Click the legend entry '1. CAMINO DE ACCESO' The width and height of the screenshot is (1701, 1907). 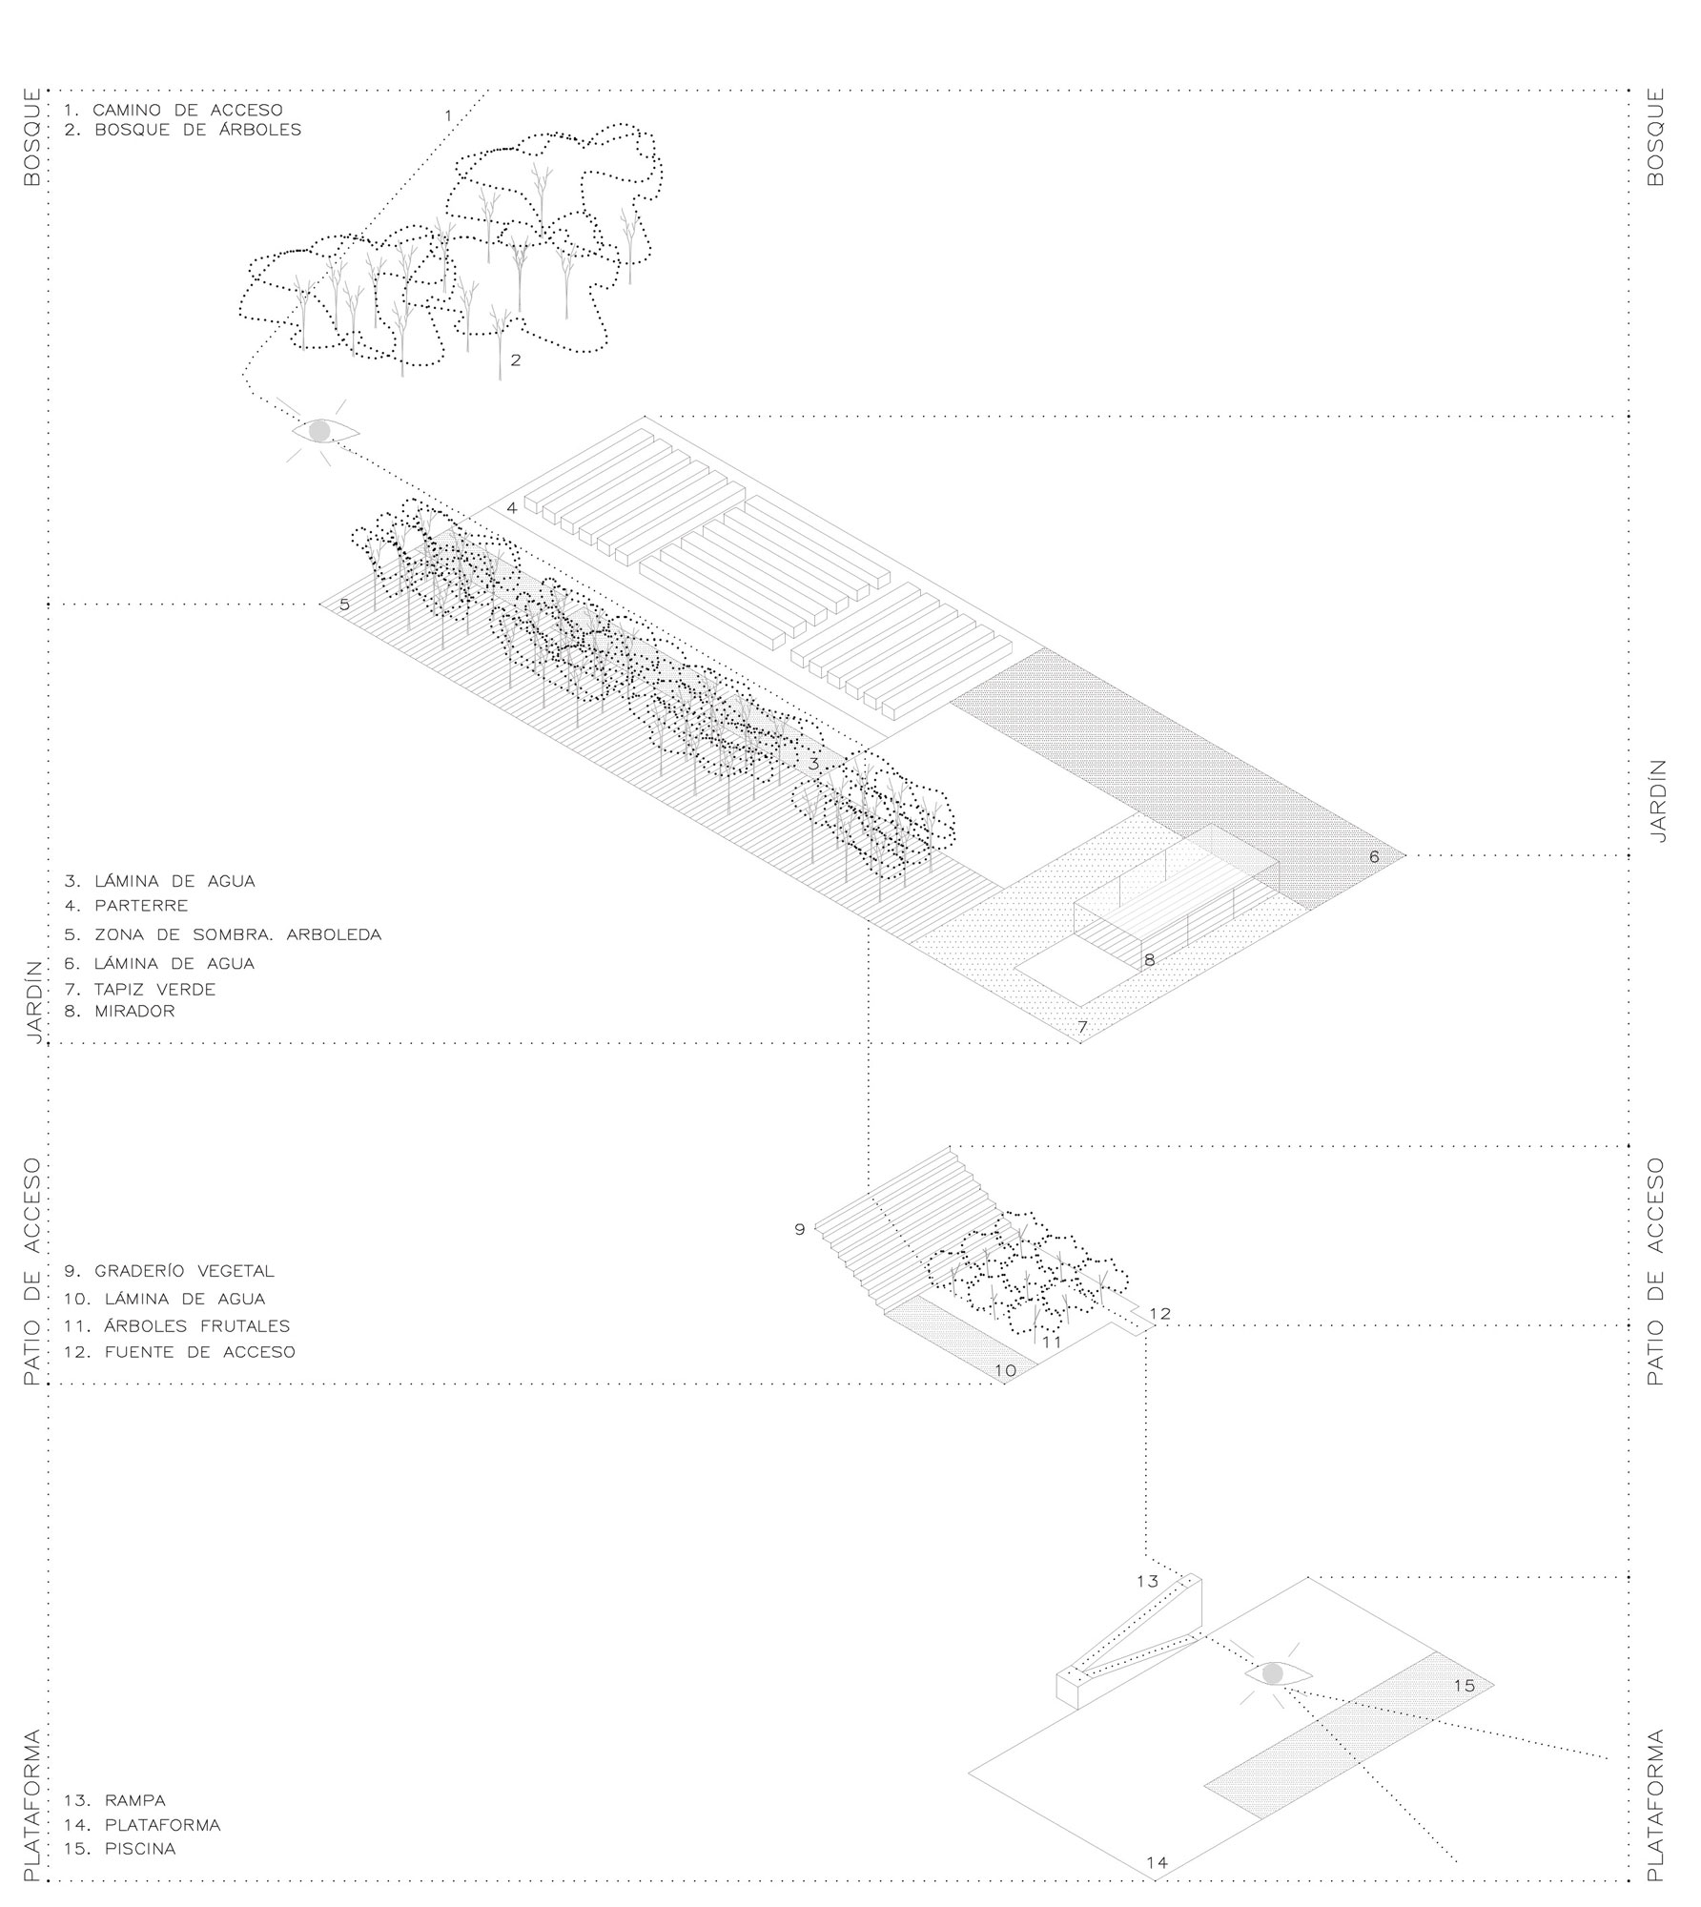[x=174, y=111]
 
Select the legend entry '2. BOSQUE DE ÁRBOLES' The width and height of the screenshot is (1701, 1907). [x=183, y=130]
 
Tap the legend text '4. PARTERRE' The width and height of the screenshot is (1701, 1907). [x=127, y=906]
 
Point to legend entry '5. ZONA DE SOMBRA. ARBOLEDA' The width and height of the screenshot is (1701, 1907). [x=223, y=934]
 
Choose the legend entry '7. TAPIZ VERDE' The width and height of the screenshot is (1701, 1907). [x=140, y=989]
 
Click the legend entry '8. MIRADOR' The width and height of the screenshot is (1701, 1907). [x=120, y=1011]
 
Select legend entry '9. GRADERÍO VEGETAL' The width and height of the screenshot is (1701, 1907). [x=170, y=1271]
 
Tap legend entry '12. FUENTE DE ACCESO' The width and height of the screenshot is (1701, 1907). [x=180, y=1352]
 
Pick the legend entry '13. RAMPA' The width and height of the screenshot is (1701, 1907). [x=115, y=1801]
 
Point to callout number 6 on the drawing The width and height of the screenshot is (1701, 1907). [x=1374, y=857]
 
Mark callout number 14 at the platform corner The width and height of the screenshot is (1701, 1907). [x=1157, y=1862]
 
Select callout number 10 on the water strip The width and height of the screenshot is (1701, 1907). [x=1006, y=1371]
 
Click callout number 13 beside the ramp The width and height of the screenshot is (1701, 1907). [x=1147, y=1582]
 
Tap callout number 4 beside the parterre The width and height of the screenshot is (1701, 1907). [x=512, y=508]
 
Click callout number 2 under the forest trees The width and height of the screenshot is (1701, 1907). [x=515, y=360]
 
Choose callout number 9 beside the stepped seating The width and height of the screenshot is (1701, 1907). [x=800, y=1230]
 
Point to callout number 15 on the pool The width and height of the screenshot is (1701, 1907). [x=1465, y=1686]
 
